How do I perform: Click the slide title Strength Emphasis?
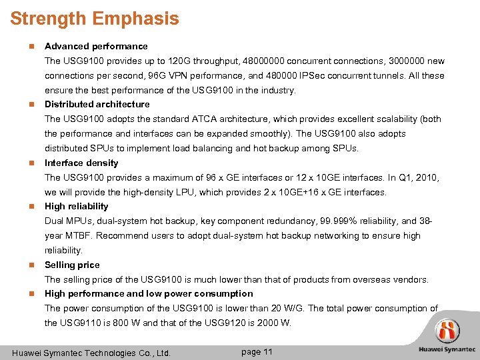coord(95,18)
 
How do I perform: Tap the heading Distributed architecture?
coord(97,104)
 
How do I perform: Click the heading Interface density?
coord(81,163)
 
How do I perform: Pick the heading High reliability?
coord(76,207)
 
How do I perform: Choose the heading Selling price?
coord(72,265)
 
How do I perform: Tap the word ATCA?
coord(228,119)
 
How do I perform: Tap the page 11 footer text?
coord(256,352)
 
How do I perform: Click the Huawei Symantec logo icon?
coord(447,331)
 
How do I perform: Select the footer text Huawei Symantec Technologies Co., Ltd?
coord(91,353)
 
